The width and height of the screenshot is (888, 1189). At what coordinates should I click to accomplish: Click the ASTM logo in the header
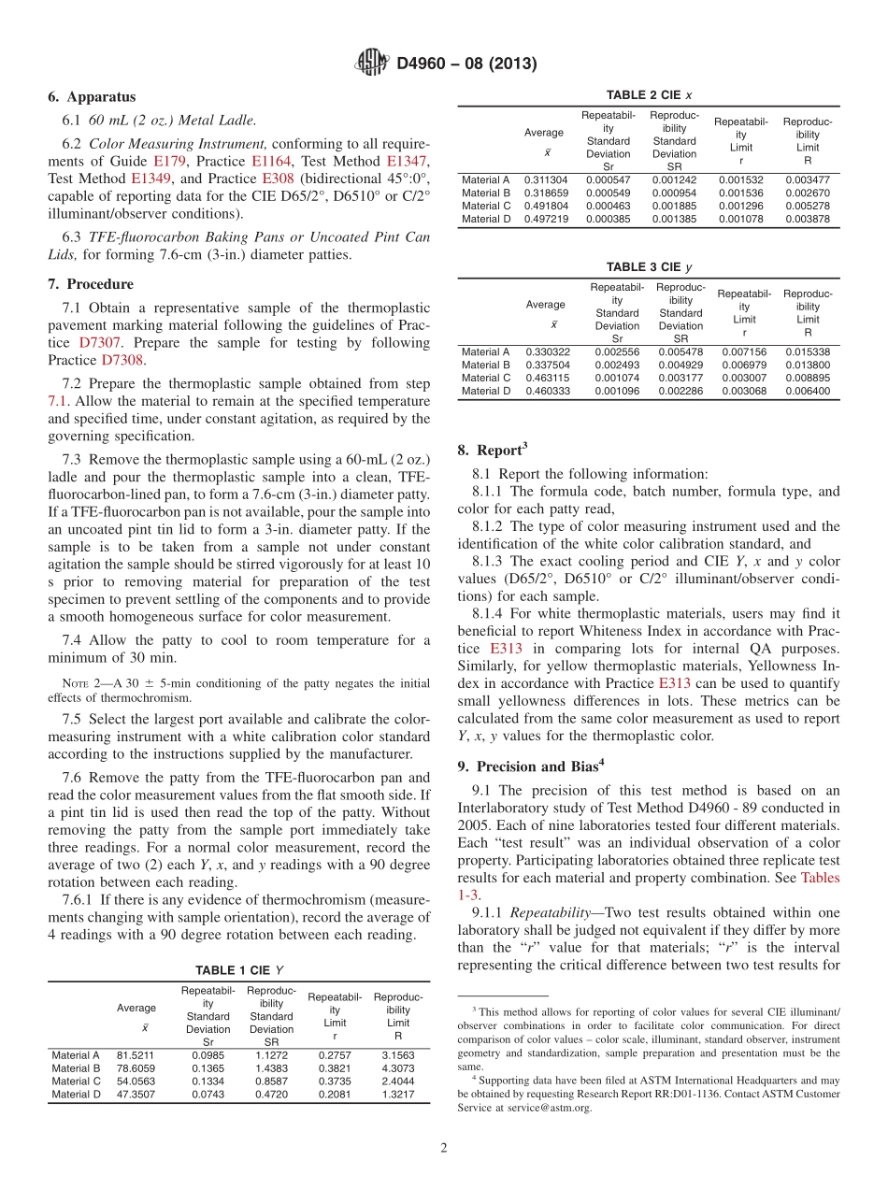(x=371, y=64)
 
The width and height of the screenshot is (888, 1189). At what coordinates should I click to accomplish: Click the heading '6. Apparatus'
(x=92, y=97)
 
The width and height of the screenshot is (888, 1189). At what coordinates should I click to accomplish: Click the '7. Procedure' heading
(x=91, y=284)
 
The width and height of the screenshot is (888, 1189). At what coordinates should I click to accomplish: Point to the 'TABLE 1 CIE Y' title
(x=239, y=970)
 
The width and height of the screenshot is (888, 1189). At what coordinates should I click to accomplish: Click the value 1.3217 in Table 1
(x=397, y=1094)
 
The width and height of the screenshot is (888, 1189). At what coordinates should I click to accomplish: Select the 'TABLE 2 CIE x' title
(x=649, y=95)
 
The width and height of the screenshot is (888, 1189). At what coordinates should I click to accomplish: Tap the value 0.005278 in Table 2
(x=807, y=206)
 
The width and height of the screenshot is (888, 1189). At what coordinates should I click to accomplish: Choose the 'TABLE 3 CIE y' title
(x=649, y=267)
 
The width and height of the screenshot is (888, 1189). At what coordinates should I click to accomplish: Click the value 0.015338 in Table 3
(x=807, y=351)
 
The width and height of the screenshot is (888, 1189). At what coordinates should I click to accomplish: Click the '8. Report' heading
(x=493, y=451)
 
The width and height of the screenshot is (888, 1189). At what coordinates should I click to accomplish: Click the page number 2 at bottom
(x=444, y=1148)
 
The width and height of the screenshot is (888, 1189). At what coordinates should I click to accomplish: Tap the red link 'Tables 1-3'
(x=820, y=878)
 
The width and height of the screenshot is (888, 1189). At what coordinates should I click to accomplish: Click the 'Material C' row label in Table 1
(x=76, y=1081)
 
